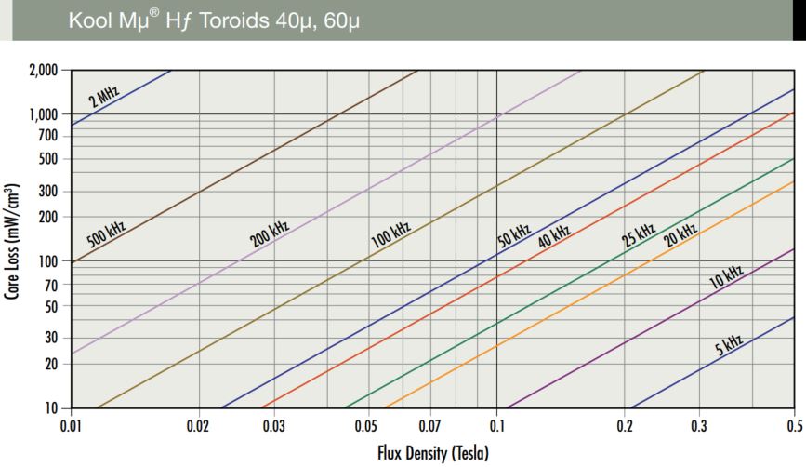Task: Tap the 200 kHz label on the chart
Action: click(x=270, y=233)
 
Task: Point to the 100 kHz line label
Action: click(x=390, y=233)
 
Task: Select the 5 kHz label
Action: click(x=729, y=346)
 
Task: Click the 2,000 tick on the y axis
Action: click(x=43, y=71)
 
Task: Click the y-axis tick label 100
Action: click(x=48, y=261)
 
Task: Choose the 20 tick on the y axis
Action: click(x=51, y=364)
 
